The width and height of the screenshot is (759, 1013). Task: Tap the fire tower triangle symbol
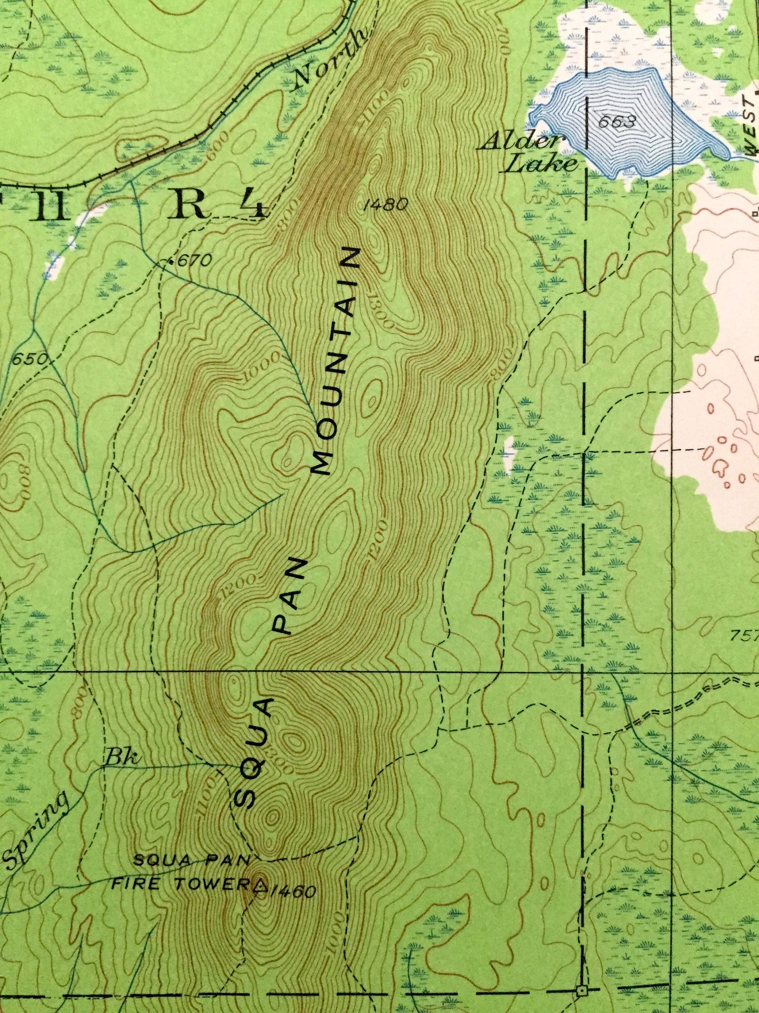click(259, 884)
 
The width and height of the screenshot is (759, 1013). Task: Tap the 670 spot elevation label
click(193, 260)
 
